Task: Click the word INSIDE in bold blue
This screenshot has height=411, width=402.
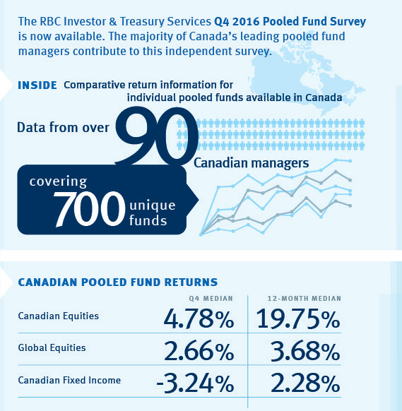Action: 37,85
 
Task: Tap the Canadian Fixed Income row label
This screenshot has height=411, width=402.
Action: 69,380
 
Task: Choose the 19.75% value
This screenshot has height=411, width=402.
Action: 296,319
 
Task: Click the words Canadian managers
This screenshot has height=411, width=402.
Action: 252,163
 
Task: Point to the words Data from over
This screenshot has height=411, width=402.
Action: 63,128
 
